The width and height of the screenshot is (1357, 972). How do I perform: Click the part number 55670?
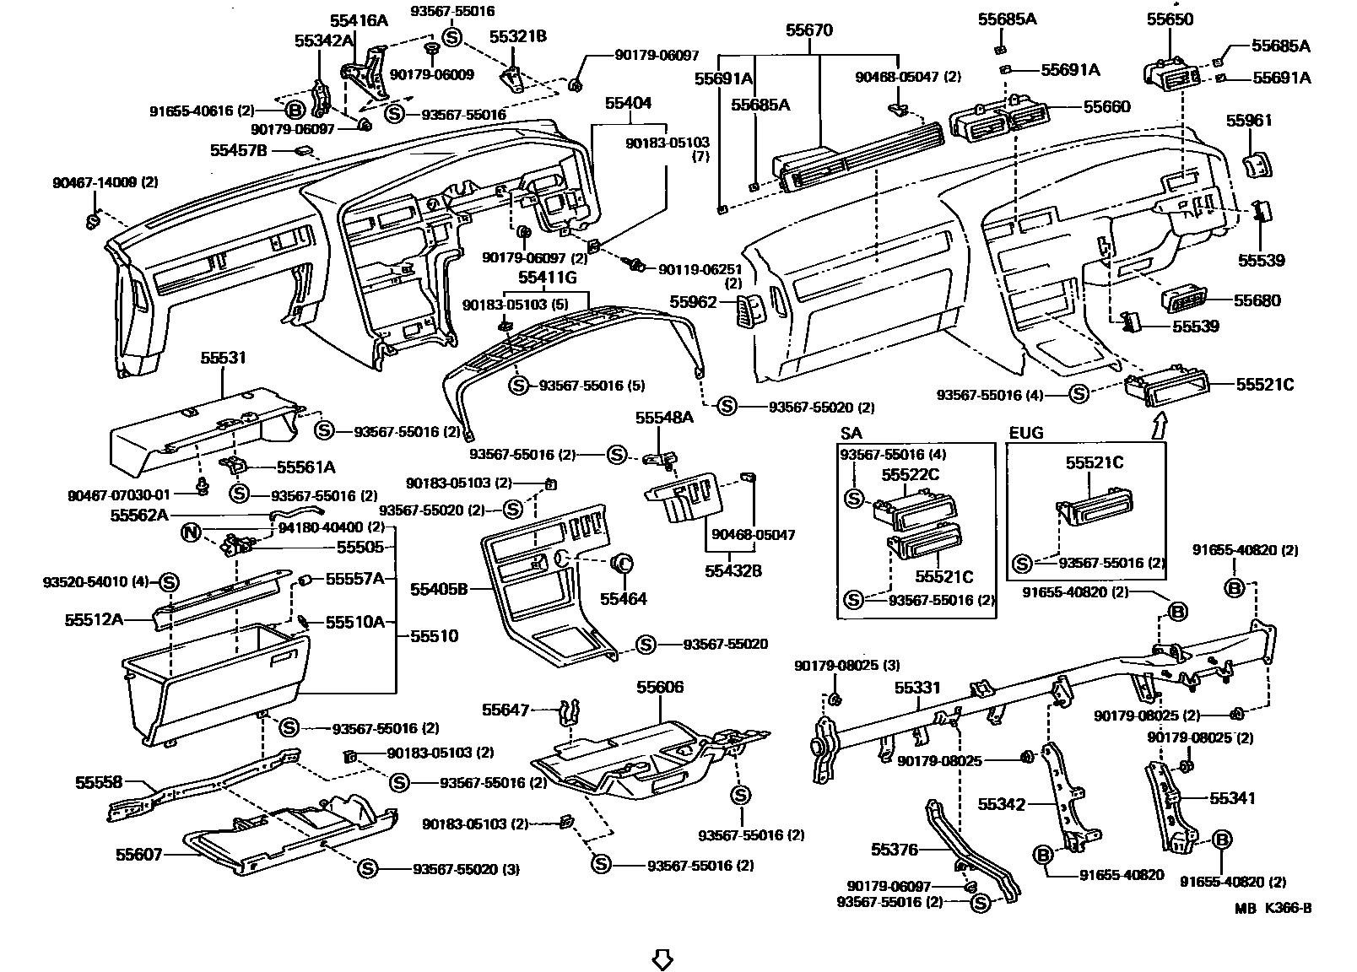pyautogui.click(x=808, y=31)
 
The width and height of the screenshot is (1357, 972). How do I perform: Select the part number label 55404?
pyautogui.click(x=628, y=103)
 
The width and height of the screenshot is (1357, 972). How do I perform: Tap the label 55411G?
pyautogui.click(x=547, y=277)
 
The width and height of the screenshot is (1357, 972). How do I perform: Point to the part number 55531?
pyautogui.click(x=223, y=358)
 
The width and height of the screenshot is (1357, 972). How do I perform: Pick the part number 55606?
pyautogui.click(x=660, y=688)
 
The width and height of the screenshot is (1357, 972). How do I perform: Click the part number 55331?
pyautogui.click(x=917, y=688)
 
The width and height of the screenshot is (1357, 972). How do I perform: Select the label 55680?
pyautogui.click(x=1257, y=300)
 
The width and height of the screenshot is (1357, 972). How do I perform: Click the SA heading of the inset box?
pyautogui.click(x=851, y=434)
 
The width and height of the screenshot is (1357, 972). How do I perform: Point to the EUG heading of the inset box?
pyautogui.click(x=1026, y=434)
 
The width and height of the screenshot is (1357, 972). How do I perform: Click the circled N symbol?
pyautogui.click(x=192, y=532)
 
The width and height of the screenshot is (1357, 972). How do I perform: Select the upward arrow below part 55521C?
pyautogui.click(x=1159, y=422)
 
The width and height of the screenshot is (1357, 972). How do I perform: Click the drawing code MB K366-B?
pyautogui.click(x=1273, y=909)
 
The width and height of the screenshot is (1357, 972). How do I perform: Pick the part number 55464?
pyautogui.click(x=623, y=598)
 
